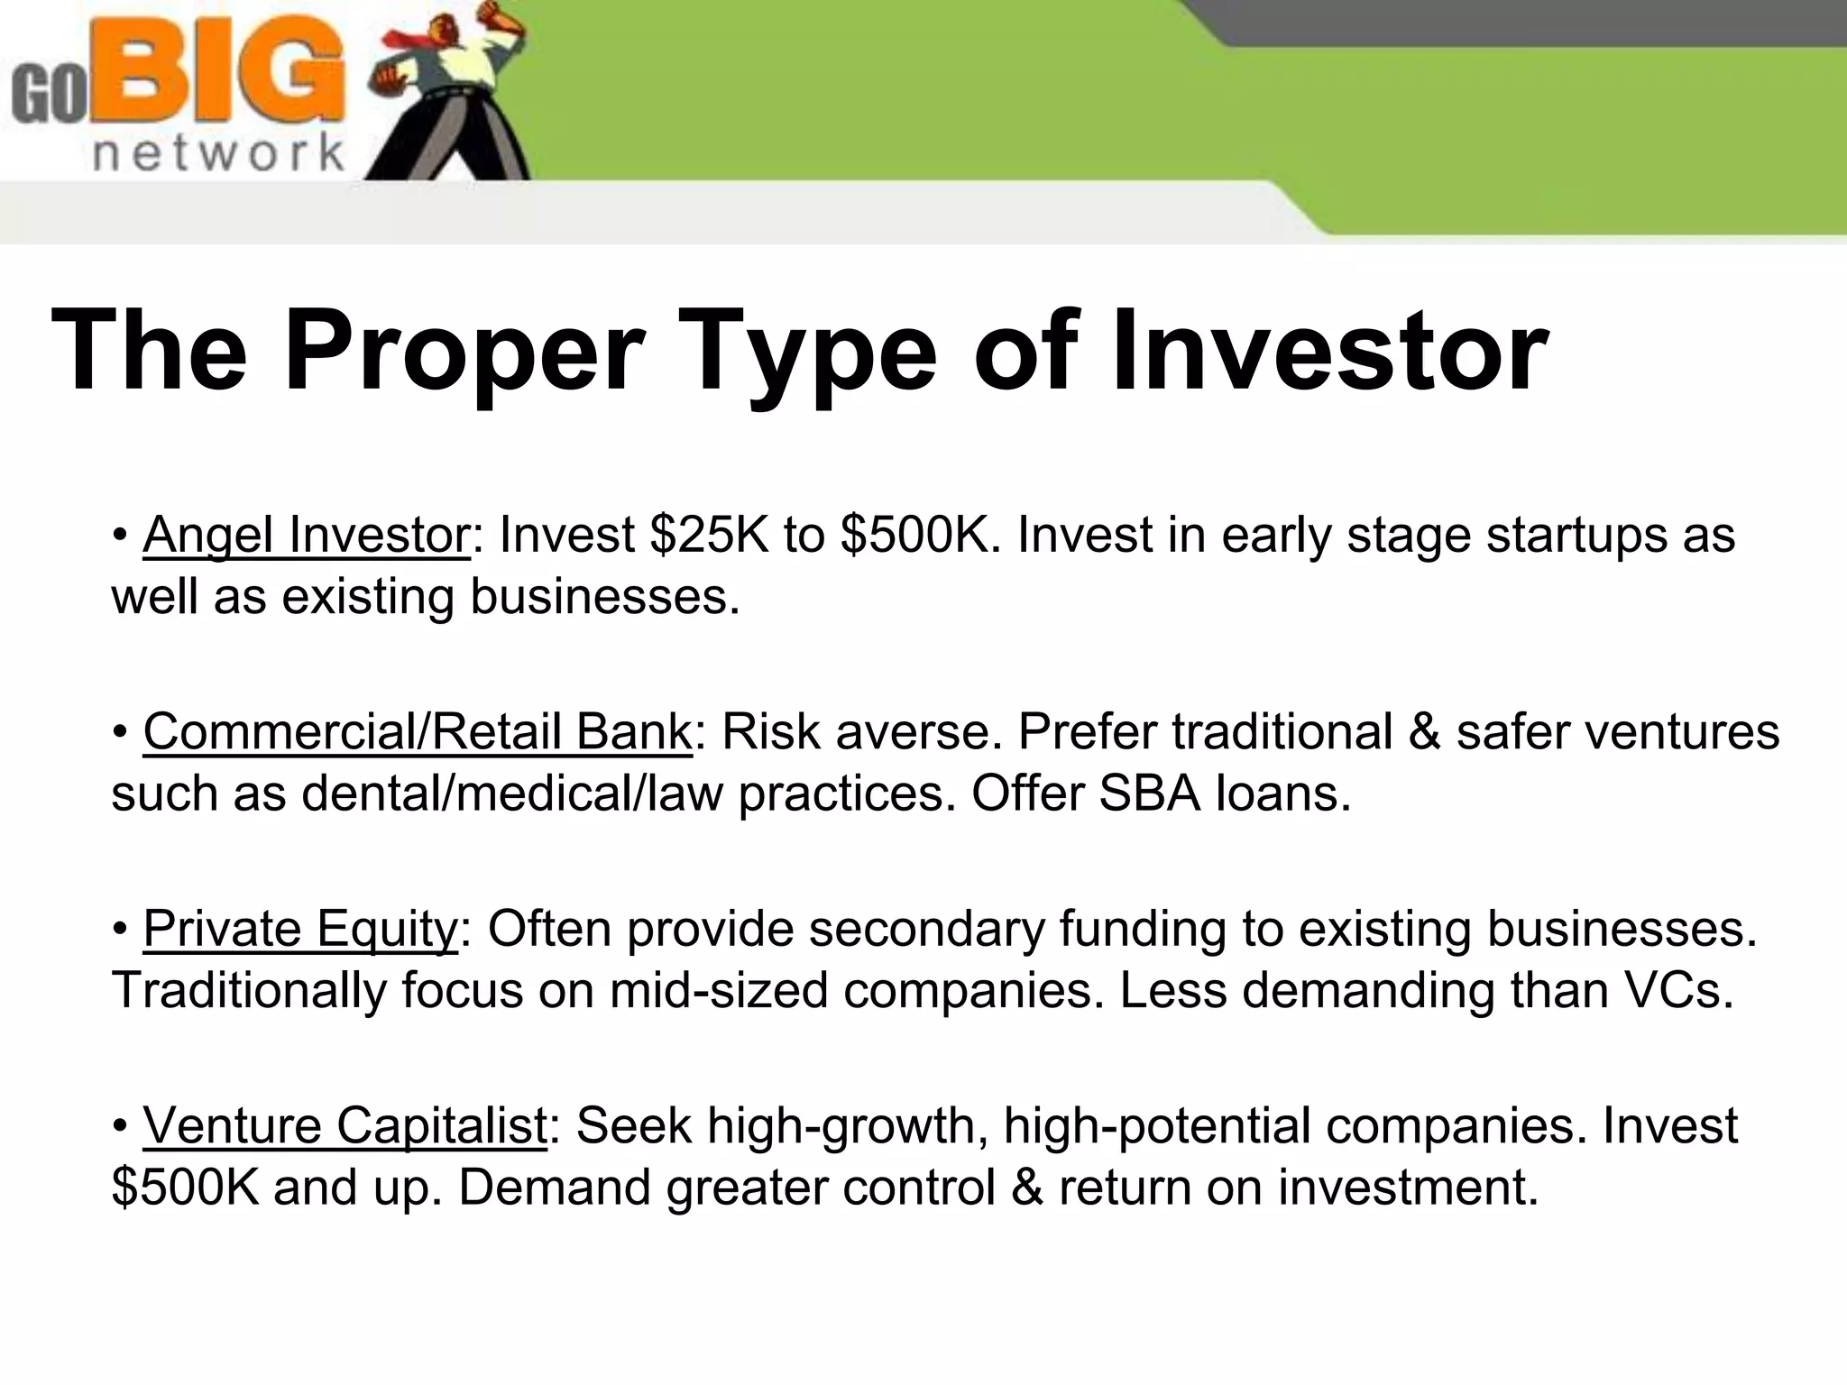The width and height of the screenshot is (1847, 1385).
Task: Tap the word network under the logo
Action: point(219,154)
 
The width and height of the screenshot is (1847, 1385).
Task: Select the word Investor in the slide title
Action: point(1328,351)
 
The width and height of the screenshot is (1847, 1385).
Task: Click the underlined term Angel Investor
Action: point(306,535)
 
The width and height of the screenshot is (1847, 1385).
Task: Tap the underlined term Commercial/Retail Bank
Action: point(417,731)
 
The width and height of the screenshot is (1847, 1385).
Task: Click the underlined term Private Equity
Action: point(300,928)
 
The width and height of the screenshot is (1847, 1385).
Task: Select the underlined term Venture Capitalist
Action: point(345,1125)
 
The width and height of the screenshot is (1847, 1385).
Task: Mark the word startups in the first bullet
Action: point(1576,535)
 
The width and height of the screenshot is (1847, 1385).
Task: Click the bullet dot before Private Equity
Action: point(120,930)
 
